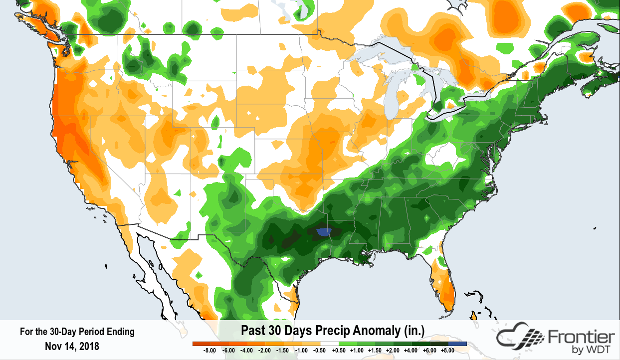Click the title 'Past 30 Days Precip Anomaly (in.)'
(332, 331)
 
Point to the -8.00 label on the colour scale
(209, 351)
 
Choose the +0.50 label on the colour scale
(338, 351)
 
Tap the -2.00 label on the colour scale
(264, 351)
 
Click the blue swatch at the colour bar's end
(457, 344)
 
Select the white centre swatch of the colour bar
(329, 344)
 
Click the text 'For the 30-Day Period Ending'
(77, 332)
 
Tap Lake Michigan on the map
(397, 95)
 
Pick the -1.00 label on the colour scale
(301, 351)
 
